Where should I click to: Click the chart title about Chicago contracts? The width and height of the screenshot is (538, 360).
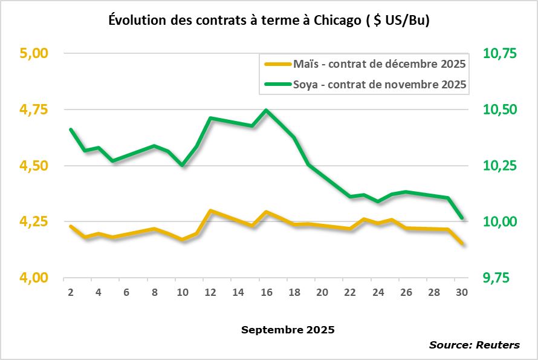pyautogui.click(x=269, y=20)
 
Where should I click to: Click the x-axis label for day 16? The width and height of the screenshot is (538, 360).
pyautogui.click(x=266, y=292)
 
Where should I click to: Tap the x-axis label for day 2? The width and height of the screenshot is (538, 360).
pyautogui.click(x=71, y=292)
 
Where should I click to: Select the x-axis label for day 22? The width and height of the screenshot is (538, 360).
pyautogui.click(x=350, y=292)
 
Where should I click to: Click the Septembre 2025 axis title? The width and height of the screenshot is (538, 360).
pyautogui.click(x=288, y=330)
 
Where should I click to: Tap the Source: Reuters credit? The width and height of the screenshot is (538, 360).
pyautogui.click(x=474, y=345)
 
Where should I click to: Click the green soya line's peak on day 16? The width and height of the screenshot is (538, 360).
pyautogui.click(x=266, y=110)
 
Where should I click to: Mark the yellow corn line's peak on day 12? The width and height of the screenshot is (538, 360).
pyautogui.click(x=210, y=211)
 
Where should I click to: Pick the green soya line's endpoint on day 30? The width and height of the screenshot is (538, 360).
pyautogui.click(x=462, y=218)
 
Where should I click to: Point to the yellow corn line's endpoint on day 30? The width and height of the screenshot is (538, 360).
pyautogui.click(x=462, y=244)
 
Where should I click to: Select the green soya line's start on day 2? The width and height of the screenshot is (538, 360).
pyautogui.click(x=71, y=129)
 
